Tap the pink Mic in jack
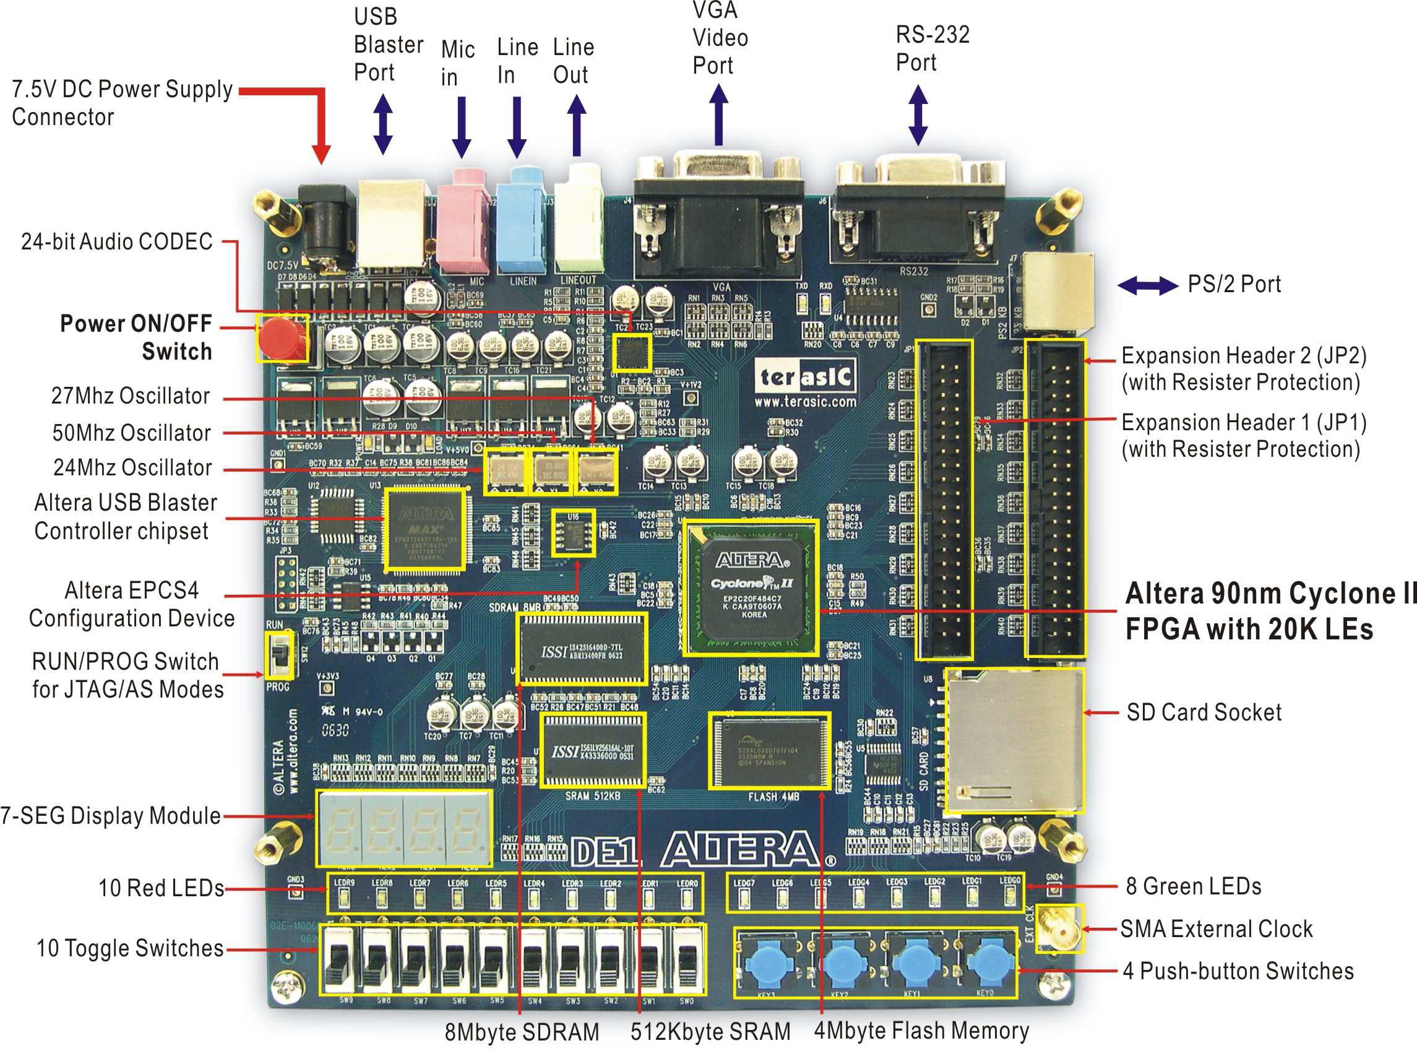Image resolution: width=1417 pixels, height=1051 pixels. click(461, 223)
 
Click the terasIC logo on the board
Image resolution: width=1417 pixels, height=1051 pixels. click(806, 378)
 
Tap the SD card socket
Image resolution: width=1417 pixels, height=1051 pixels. click(1013, 740)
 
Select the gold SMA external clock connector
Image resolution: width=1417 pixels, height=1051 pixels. click(1059, 929)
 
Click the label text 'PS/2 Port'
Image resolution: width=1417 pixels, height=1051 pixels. click(1234, 284)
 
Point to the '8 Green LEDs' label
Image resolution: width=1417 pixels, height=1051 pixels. click(1193, 886)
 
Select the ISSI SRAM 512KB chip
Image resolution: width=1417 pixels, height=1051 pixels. click(593, 751)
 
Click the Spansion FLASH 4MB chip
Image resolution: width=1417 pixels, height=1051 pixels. click(770, 751)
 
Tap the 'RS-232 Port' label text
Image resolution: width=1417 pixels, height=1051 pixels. click(932, 48)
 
